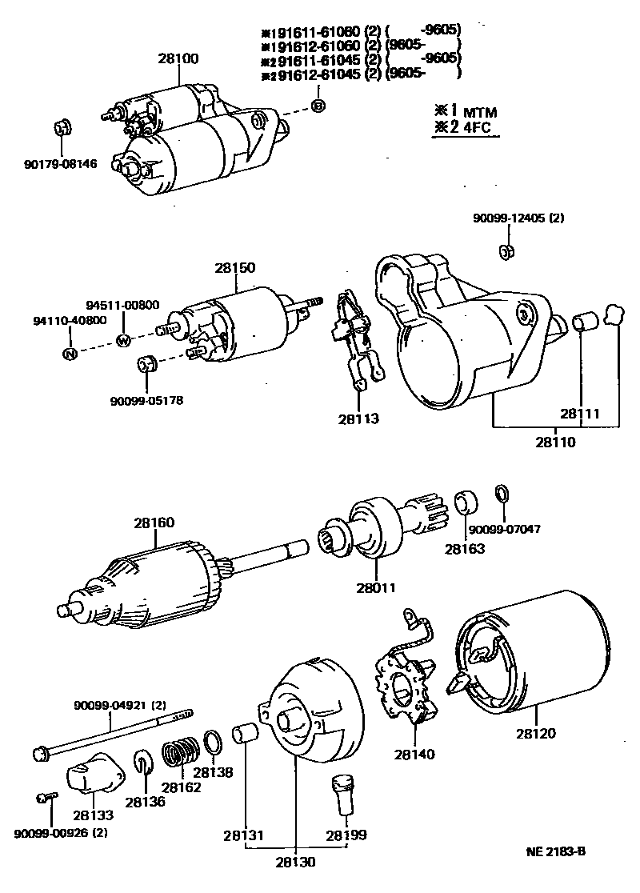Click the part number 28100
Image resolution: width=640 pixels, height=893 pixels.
(x=178, y=58)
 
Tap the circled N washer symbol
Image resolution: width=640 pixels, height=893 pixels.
(x=70, y=353)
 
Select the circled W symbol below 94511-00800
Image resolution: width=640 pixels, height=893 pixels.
(x=124, y=340)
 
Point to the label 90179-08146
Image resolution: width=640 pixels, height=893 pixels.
(x=60, y=164)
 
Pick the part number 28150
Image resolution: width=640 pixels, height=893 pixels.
(x=235, y=268)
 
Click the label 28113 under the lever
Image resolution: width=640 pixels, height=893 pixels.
(x=358, y=418)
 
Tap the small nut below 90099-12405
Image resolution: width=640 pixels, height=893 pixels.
(x=506, y=251)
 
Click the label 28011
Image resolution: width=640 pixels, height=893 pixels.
(x=376, y=587)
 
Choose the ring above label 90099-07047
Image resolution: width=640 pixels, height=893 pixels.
(x=502, y=491)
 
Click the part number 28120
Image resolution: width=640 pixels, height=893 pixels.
(x=536, y=732)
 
